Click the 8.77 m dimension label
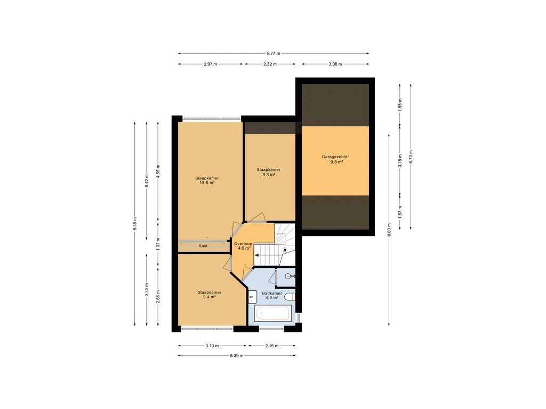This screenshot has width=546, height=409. point(274,54)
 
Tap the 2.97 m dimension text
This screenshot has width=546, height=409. point(210,64)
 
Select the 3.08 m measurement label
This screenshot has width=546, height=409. point(335,64)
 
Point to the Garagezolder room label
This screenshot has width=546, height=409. point(335,157)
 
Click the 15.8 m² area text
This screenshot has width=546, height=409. point(207,183)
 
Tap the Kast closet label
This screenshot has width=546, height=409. point(203,246)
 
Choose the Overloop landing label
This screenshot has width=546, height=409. point(243,244)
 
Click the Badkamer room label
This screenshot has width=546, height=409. point(272,293)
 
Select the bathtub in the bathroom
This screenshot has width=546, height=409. point(272,313)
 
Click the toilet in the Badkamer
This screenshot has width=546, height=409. point(290,297)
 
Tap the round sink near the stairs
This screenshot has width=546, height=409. point(288,276)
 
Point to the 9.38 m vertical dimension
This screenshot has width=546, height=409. point(135,224)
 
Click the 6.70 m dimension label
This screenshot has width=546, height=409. point(411,157)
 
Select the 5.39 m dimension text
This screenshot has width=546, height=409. point(236,356)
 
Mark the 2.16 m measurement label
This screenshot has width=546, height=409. point(272,346)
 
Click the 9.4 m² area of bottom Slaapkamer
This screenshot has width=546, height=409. point(209,297)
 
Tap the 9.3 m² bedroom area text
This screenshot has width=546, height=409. point(269,175)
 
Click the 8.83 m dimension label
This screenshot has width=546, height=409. point(389,230)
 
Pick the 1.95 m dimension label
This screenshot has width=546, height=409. point(400,105)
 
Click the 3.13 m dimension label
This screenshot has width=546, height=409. point(212,346)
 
